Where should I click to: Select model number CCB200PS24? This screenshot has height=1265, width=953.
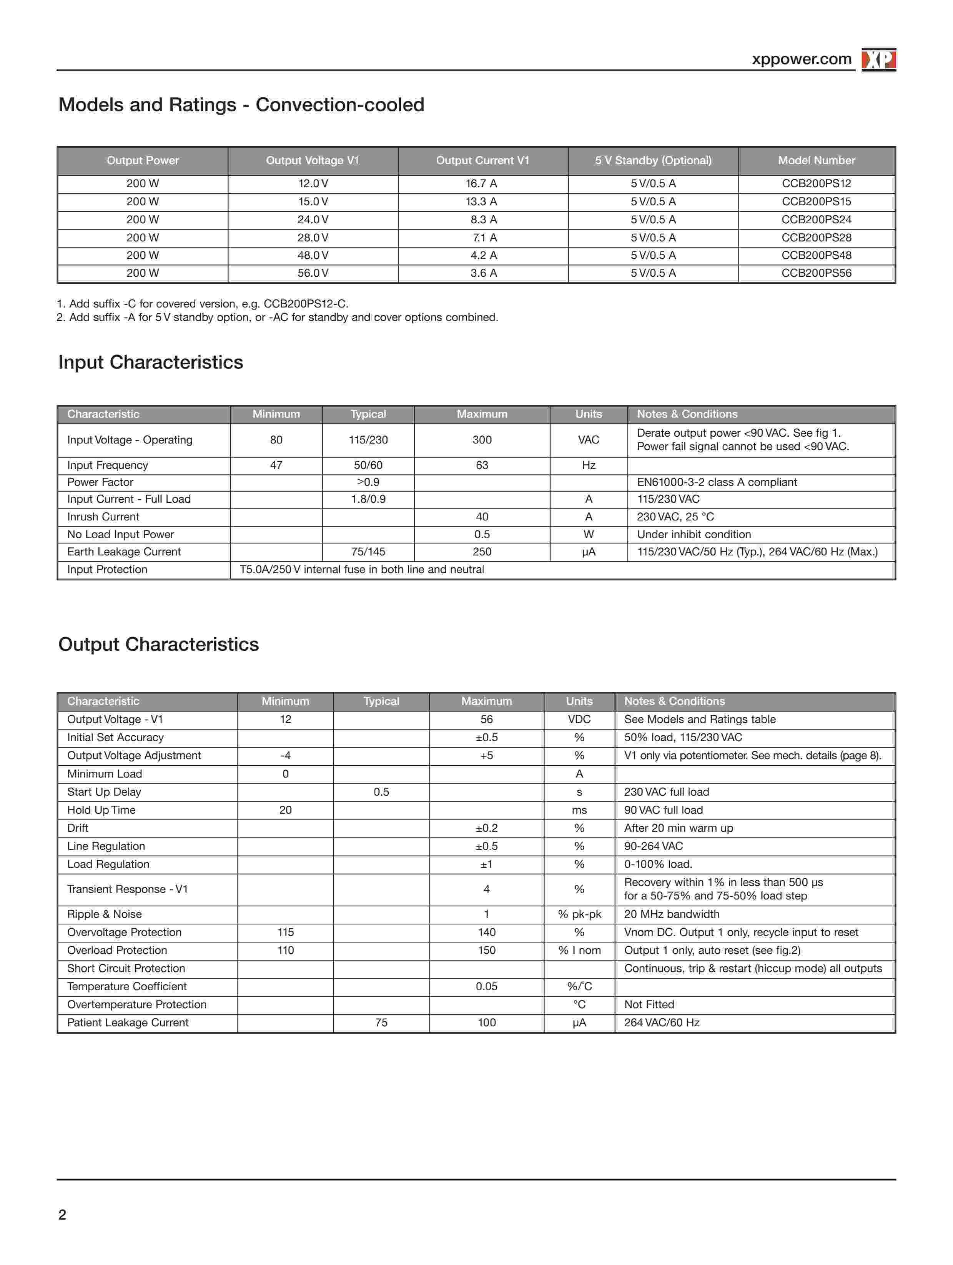[x=816, y=219]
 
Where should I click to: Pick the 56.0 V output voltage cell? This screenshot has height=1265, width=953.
[x=313, y=273]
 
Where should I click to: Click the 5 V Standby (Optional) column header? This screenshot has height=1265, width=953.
[x=653, y=161]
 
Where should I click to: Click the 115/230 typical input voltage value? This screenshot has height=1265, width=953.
[x=368, y=440]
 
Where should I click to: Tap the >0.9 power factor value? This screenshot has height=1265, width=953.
[x=368, y=482]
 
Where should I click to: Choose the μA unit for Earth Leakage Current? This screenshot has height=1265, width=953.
[x=589, y=552]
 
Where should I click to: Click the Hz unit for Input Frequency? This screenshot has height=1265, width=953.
[x=589, y=465]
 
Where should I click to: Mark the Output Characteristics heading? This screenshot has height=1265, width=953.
[x=158, y=645]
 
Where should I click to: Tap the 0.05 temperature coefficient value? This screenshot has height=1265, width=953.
[x=486, y=986]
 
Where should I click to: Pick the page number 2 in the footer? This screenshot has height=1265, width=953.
[x=62, y=1215]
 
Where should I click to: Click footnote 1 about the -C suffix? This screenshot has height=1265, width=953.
[x=203, y=304]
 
